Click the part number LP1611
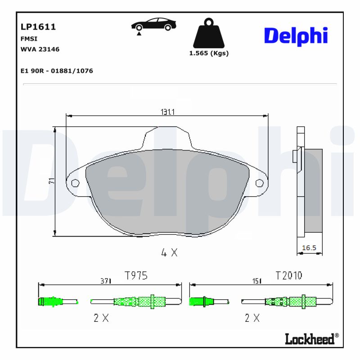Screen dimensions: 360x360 38,27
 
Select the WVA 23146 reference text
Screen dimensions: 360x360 40,49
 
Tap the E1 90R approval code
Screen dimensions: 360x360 57,71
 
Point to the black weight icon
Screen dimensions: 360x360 208,33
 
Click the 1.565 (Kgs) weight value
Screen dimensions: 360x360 208,53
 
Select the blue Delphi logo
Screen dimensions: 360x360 296,36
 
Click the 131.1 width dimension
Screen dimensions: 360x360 168,112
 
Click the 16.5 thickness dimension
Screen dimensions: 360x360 309,248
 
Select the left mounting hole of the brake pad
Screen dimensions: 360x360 75,183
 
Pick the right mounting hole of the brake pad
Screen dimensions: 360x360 259,183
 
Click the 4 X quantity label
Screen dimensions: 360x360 169,253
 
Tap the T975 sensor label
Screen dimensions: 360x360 135,275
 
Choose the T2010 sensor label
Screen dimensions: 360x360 288,275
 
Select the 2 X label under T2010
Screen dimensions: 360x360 252,318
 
